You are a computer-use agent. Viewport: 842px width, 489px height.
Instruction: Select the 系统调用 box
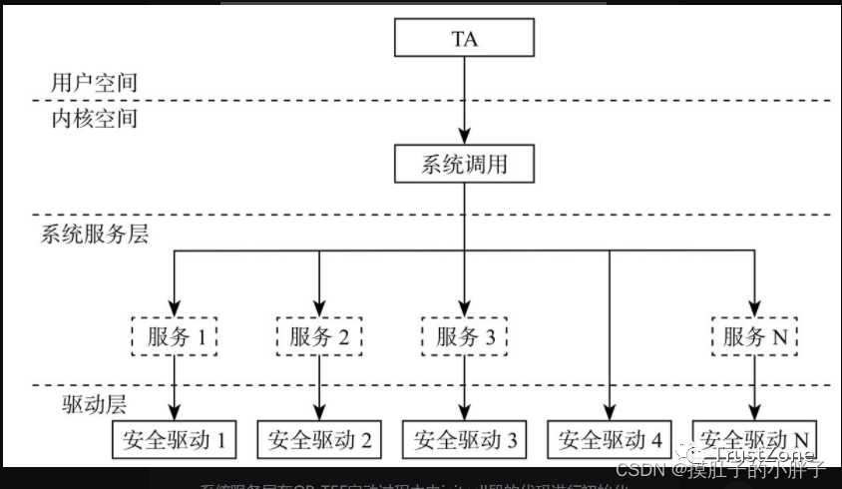point(464,164)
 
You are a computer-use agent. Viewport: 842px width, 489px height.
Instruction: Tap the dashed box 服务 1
point(175,336)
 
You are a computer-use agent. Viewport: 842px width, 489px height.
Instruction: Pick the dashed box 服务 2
point(319,336)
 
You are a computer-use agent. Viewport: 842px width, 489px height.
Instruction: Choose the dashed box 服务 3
point(464,336)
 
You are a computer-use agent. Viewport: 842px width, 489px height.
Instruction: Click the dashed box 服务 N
point(754,336)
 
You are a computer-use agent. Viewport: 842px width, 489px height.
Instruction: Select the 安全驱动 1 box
point(175,439)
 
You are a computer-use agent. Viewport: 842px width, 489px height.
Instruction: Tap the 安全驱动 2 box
point(319,439)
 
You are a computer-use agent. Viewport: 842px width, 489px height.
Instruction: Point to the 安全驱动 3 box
point(464,439)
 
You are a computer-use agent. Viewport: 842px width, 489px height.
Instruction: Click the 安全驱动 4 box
point(610,439)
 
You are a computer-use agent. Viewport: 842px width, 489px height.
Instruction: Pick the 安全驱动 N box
point(754,439)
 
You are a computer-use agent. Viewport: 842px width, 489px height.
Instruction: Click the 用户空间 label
point(94,82)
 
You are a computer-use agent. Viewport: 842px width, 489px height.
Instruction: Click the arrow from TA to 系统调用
point(464,100)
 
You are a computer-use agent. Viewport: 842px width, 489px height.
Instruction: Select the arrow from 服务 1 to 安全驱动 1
point(175,387)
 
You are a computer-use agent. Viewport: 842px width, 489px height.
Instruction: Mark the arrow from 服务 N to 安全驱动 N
point(754,387)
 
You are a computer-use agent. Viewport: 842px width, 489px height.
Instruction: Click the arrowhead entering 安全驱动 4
point(610,413)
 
